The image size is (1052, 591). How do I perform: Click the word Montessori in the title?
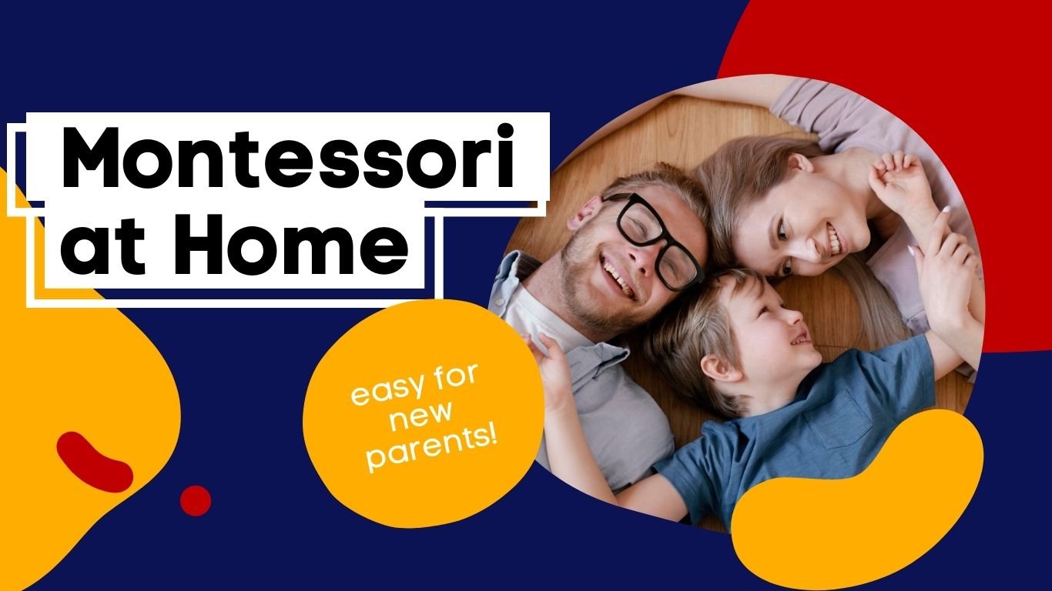(x=286, y=161)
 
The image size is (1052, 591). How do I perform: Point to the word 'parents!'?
(x=431, y=451)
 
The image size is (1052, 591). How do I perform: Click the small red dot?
(x=196, y=500)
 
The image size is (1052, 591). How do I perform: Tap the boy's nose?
(x=793, y=316)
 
